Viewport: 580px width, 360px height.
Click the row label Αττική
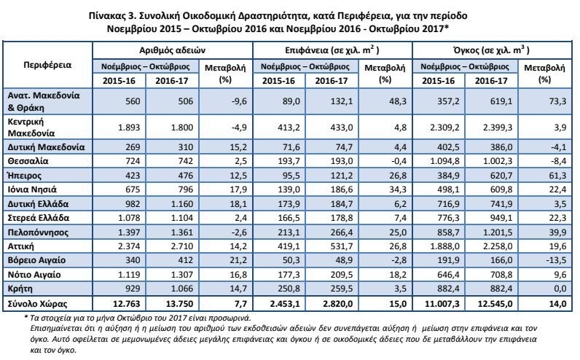(20, 246)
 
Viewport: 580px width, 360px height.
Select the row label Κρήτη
(20, 289)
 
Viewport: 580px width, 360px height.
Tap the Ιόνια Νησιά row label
(32, 189)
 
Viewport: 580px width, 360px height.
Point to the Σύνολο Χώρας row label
(37, 304)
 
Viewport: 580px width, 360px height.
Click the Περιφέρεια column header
(47, 65)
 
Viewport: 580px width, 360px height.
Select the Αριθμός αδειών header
(173, 50)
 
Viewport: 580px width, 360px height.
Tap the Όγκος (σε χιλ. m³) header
(492, 50)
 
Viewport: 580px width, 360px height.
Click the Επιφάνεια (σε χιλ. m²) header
(332, 50)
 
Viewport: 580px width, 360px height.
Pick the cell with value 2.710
(182, 246)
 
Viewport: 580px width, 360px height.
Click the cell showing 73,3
(557, 101)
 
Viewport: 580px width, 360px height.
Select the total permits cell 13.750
(179, 304)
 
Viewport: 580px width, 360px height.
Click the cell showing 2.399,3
(498, 128)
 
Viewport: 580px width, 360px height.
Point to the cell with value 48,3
(398, 101)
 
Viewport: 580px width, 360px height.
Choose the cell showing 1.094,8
(444, 161)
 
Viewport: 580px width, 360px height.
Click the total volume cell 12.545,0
(495, 304)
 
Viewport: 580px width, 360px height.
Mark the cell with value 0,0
(560, 289)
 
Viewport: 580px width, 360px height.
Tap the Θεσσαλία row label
(28, 161)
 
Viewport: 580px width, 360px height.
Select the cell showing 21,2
(238, 260)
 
